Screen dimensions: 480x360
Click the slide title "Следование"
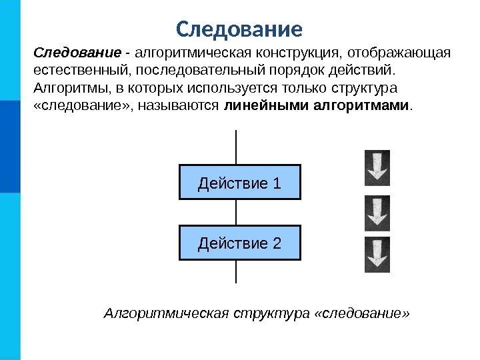[239, 29]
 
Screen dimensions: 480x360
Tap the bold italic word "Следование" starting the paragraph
[77, 52]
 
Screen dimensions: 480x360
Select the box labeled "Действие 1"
[240, 182]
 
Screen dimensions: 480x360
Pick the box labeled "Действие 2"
[240, 243]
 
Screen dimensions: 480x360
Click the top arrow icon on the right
[377, 167]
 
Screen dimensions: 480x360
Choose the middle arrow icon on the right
[377, 213]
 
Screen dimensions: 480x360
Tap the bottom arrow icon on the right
[377, 255]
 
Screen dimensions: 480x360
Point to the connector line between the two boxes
[237, 212]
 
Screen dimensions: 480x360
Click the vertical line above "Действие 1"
[237, 147]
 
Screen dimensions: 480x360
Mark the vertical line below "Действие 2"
[237, 271]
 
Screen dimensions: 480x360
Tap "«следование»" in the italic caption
[360, 313]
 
